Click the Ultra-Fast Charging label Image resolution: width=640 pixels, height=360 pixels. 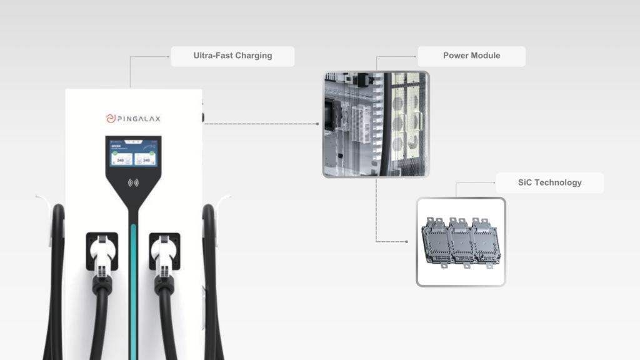[232, 56]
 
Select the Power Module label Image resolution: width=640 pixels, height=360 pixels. [471, 56]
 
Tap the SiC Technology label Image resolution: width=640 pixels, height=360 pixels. [549, 182]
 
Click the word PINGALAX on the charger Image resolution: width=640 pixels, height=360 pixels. [141, 117]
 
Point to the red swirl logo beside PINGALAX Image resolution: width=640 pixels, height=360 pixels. [109, 117]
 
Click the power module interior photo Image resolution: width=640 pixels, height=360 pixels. [376, 124]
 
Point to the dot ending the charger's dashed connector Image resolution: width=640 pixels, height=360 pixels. [317, 124]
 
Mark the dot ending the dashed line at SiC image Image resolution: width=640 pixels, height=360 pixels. [407, 241]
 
